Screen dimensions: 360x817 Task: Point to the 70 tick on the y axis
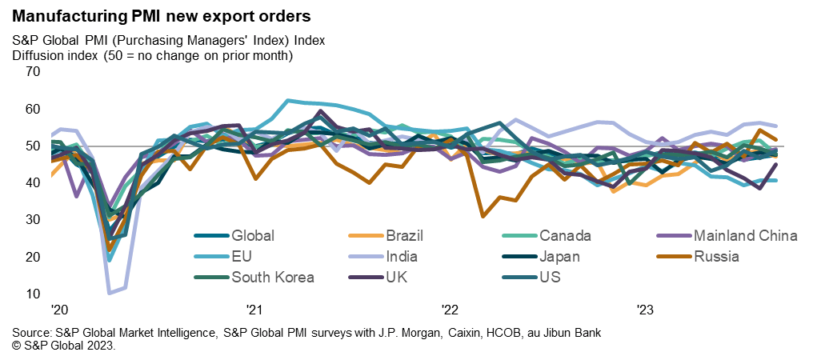pyautogui.click(x=32, y=71)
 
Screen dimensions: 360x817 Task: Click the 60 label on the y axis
pyautogui.click(x=32, y=109)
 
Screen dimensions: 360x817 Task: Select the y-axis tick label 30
pyautogui.click(x=32, y=219)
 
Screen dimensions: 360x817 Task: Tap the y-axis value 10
pyautogui.click(x=32, y=294)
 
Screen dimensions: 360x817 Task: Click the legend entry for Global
pyautogui.click(x=252, y=235)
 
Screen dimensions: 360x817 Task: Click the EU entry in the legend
pyautogui.click(x=241, y=257)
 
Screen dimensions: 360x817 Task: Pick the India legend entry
pyautogui.click(x=402, y=257)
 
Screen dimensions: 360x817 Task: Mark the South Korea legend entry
pyautogui.click(x=273, y=278)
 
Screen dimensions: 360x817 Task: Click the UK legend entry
pyautogui.click(x=398, y=278)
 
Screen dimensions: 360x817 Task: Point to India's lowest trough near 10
pyautogui.click(x=110, y=293)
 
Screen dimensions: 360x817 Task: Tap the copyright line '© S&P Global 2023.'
pyautogui.click(x=64, y=346)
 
